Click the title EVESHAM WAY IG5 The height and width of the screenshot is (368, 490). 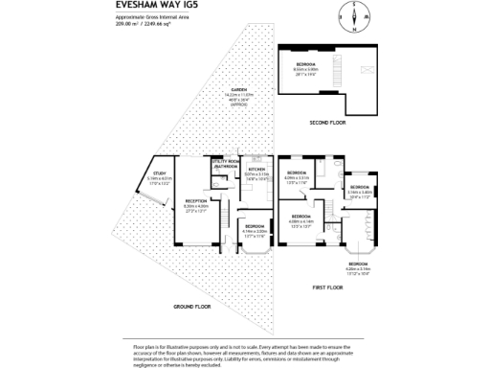tap(142, 5)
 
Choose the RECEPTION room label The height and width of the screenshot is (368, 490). tap(195, 204)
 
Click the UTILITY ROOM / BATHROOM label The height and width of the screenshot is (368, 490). tap(226, 164)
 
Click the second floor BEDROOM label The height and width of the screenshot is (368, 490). tap(307, 67)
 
